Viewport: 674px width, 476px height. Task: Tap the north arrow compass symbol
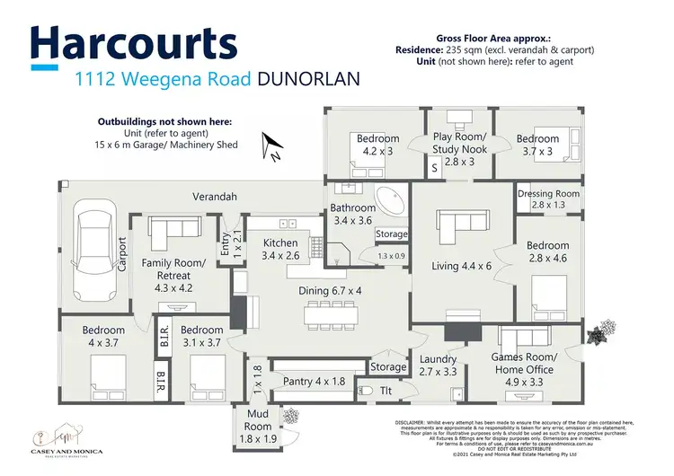(x=269, y=145)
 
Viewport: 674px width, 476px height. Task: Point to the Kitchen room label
(x=279, y=249)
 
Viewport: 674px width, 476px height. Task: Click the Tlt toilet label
(x=386, y=392)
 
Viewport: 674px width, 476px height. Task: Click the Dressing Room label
(x=548, y=199)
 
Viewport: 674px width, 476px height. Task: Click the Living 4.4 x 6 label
(x=463, y=265)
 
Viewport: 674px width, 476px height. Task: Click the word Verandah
(x=215, y=196)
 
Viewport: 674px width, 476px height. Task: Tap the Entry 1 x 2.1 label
(x=232, y=244)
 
